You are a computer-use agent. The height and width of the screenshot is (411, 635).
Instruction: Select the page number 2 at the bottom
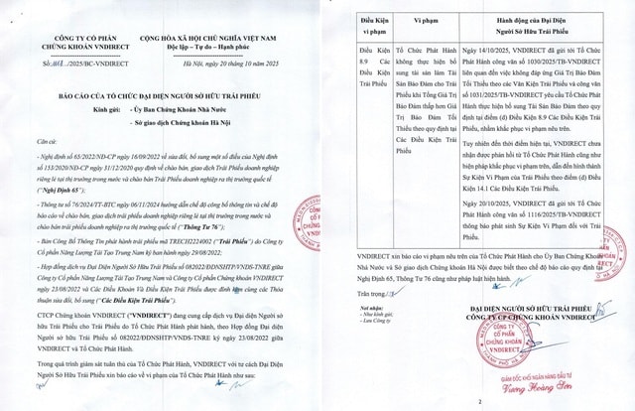[x=478, y=400]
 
